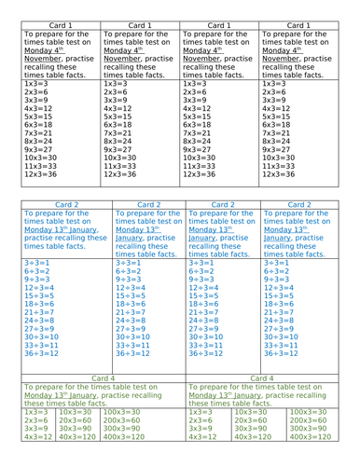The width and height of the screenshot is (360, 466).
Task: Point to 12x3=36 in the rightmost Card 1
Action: point(280,174)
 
